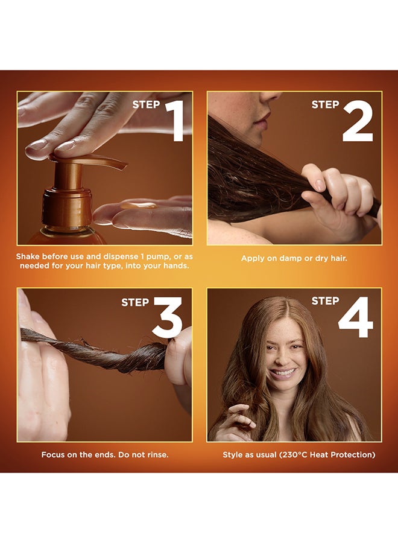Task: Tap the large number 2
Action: point(358,121)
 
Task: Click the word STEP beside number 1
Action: point(146,104)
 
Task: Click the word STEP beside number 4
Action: point(325,300)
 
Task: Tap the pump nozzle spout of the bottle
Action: point(109,163)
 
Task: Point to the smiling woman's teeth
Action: point(283,372)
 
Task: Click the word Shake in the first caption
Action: point(30,257)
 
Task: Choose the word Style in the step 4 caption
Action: point(233,454)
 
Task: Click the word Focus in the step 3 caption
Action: point(54,454)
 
